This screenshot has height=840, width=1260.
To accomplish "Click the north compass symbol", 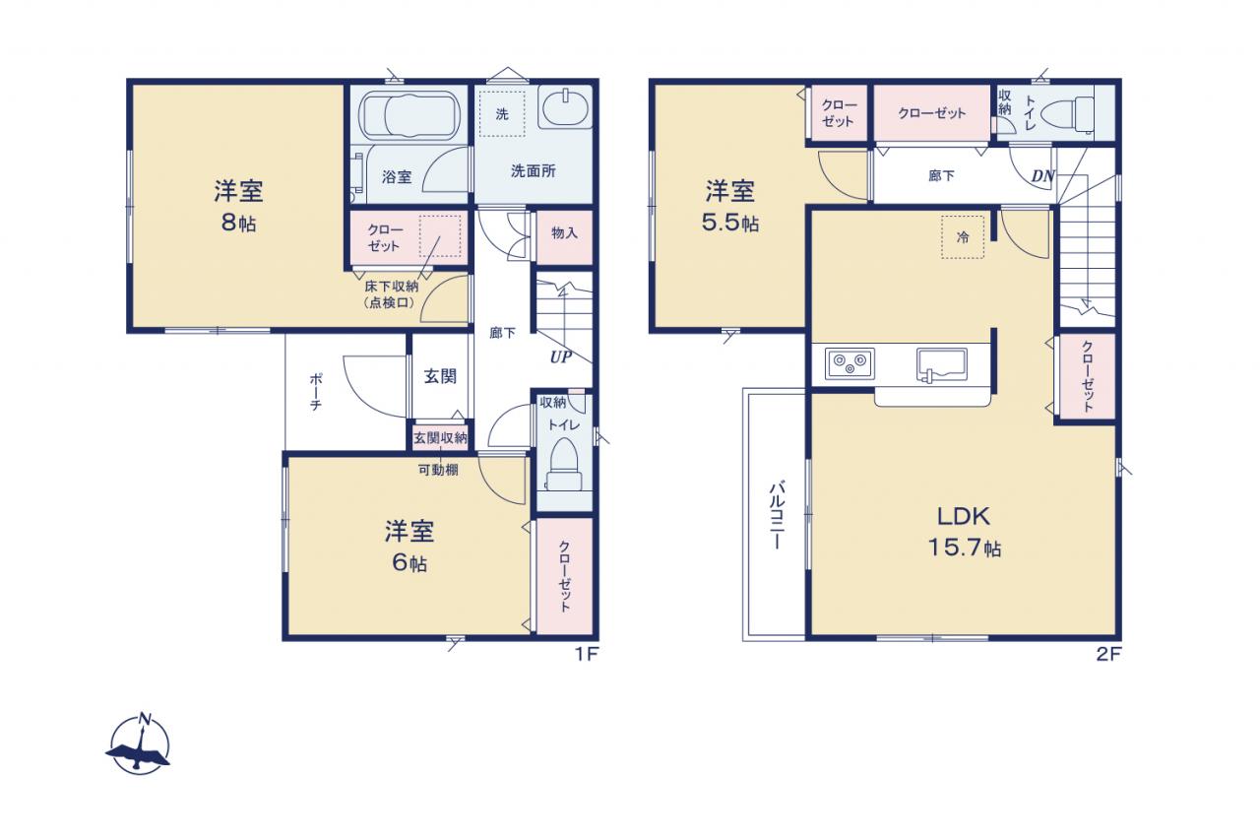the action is coord(139,744).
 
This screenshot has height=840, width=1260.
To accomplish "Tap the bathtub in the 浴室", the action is coord(409,115).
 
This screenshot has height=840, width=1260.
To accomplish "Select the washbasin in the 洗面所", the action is coord(564,107).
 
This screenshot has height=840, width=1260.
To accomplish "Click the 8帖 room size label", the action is coord(238,224).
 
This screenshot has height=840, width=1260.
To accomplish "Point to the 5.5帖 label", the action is coord(730,224).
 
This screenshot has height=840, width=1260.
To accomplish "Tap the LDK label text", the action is coord(963,516).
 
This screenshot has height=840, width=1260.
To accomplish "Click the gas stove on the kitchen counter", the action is coord(850,363).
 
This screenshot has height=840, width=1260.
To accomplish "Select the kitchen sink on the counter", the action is coord(942,364).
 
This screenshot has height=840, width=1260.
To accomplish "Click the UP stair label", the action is coord(561,357).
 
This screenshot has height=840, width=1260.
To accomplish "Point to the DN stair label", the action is coord(1042,176).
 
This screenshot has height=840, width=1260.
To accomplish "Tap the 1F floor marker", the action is coord(587,654).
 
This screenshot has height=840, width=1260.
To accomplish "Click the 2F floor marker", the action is coord(1108,654).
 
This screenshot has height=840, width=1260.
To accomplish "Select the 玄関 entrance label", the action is coord(440,376).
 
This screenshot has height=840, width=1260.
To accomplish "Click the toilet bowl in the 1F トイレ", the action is coord(564,465).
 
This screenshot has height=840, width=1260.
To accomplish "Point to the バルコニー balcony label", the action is coord(777,515).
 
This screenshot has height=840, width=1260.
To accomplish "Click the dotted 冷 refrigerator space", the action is coord(963,237).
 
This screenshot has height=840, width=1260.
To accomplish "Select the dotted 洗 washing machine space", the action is coord(502,114).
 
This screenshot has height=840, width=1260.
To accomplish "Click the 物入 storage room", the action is coord(564,237).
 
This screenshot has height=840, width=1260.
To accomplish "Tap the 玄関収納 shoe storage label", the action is coord(440,437).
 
